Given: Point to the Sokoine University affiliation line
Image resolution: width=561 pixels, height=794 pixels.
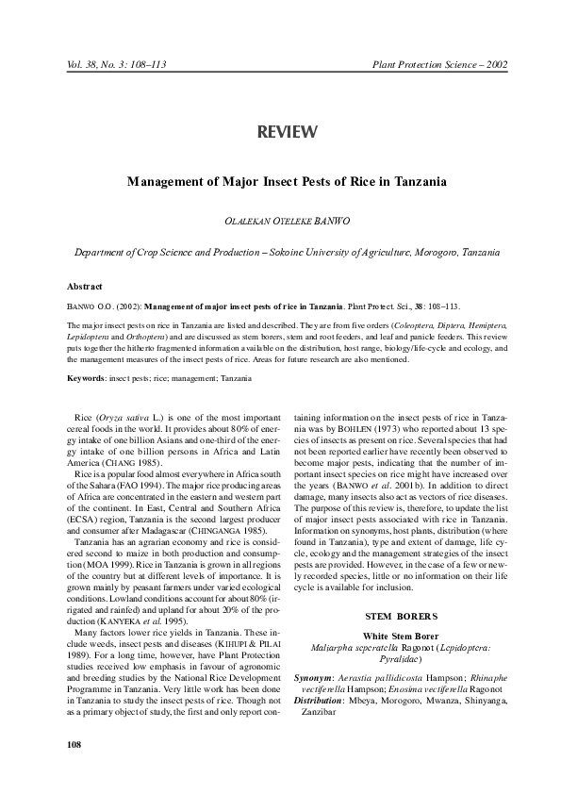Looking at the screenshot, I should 287,254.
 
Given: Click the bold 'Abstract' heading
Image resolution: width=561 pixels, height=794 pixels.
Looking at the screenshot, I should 85,286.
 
